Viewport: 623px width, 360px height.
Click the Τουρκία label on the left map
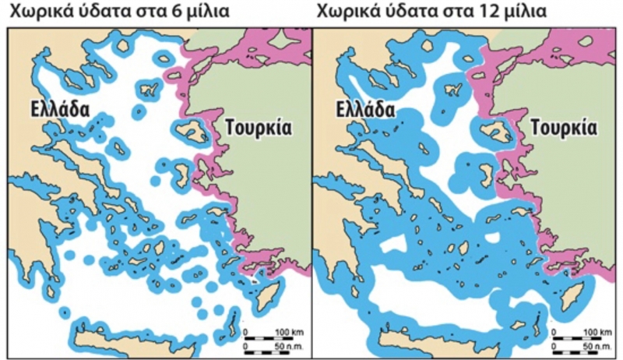(x=258, y=127)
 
